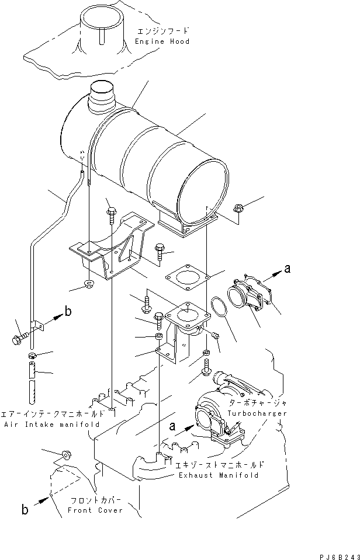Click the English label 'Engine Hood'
click(x=162, y=41)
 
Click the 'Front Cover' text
click(x=103, y=510)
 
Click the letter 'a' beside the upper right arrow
click(x=287, y=269)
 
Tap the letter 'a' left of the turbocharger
click(x=173, y=427)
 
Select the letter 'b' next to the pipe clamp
click(x=68, y=311)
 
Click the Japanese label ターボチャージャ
click(x=261, y=404)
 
